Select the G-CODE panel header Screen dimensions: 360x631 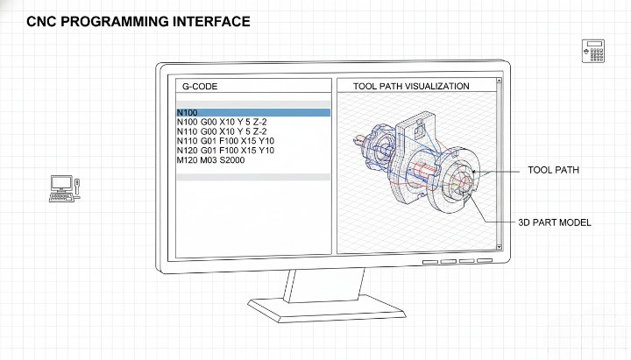[x=200, y=87]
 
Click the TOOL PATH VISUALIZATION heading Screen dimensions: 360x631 [x=410, y=87]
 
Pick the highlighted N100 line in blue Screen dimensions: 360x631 [x=253, y=113]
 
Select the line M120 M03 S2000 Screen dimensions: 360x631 [x=210, y=160]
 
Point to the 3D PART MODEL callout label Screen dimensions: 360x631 [x=554, y=222]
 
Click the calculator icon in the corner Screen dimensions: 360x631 [x=593, y=51]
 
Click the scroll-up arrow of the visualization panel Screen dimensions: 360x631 [x=500, y=86]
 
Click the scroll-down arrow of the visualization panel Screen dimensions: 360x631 [x=500, y=250]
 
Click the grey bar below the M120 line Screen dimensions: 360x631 [x=253, y=177]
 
